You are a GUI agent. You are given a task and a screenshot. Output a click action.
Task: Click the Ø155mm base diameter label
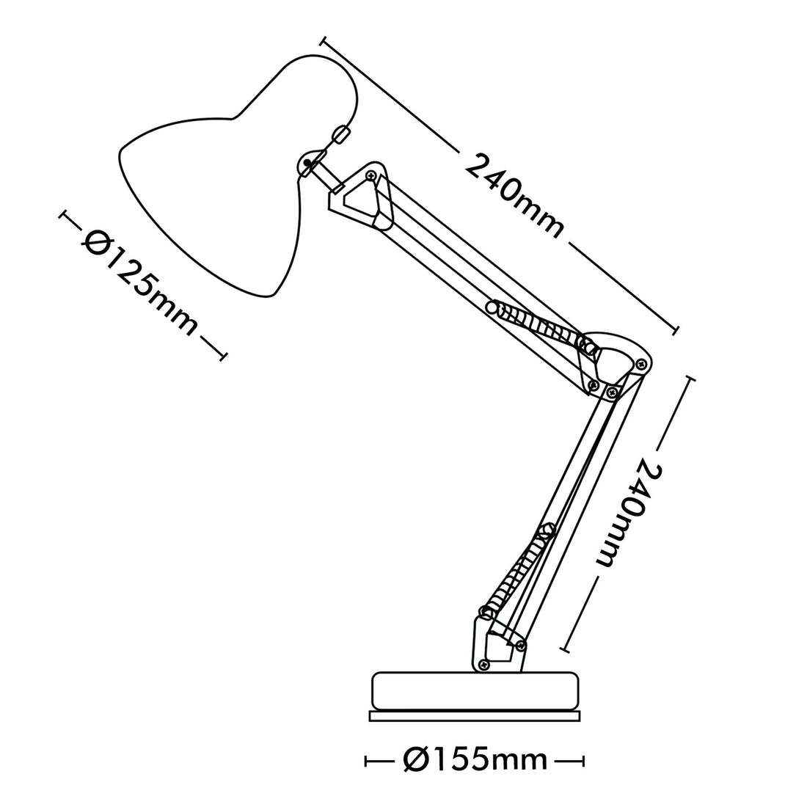[x=475, y=759]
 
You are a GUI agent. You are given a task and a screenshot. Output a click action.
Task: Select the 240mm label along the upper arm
[x=515, y=196]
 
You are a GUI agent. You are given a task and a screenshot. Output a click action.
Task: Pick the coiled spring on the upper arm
[x=541, y=324]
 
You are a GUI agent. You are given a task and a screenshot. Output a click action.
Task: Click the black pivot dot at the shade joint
[x=307, y=163]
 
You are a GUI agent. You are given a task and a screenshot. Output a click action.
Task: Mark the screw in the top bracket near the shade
[x=370, y=175]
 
